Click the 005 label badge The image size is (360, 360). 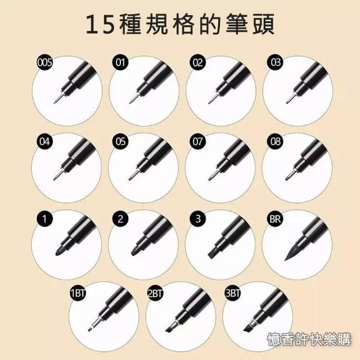click(x=44, y=62)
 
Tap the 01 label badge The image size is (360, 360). click(x=120, y=62)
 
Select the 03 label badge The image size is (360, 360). click(x=275, y=62)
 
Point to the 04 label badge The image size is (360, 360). click(x=44, y=141)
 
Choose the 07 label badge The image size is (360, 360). click(x=197, y=141)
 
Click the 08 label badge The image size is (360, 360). click(x=275, y=141)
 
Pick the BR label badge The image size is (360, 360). click(x=275, y=219)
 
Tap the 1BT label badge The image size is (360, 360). click(x=78, y=294)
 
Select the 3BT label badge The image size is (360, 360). click(x=232, y=294)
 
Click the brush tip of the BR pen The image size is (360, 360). click(x=291, y=254)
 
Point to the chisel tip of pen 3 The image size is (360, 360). click(x=213, y=253)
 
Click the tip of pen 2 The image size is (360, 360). click(x=136, y=251)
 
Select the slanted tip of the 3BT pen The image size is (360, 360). click(x=248, y=328)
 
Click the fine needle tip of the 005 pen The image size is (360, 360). click(x=56, y=100)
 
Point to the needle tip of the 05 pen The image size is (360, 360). click(x=132, y=177)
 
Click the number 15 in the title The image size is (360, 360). click(x=100, y=24)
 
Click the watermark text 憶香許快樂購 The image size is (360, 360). click(x=309, y=339)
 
